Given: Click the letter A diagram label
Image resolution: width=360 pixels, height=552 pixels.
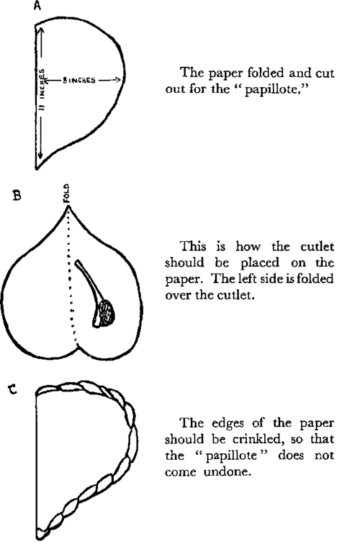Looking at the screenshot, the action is [37, 6].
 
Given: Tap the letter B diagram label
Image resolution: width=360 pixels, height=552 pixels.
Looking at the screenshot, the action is [17, 195].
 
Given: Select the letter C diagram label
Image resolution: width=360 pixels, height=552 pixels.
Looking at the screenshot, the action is [13, 389].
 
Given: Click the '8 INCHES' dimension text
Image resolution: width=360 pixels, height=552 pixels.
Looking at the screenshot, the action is [79, 81].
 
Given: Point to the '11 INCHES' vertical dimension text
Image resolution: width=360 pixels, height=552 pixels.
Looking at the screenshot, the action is [42, 90].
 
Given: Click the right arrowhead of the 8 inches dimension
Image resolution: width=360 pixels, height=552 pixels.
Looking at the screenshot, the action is [119, 81].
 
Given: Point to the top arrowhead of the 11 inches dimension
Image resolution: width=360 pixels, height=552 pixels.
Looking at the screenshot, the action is [41, 31].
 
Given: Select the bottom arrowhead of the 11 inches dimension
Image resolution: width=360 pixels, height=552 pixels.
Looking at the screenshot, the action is [40, 155].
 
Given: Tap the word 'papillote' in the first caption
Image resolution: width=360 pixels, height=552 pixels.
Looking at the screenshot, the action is [271, 89].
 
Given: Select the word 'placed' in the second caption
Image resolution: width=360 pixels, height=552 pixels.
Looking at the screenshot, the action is [260, 263].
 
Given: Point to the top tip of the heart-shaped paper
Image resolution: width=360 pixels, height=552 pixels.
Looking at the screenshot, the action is [68, 207].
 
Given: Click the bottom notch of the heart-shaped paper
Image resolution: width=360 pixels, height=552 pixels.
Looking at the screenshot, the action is [78, 345].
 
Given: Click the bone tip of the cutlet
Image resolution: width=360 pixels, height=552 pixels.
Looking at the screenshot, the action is [77, 262].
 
